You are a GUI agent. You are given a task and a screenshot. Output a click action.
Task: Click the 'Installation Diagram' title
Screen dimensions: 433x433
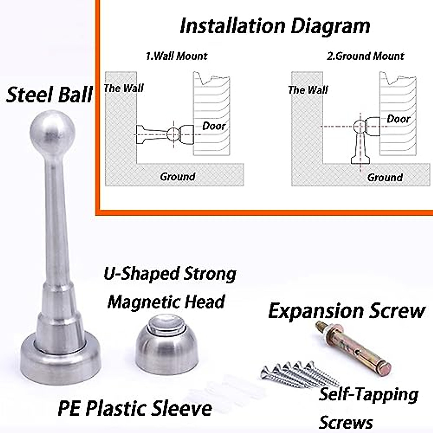coord(275,26)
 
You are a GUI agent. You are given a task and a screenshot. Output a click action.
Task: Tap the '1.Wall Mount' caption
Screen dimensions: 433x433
coord(176,56)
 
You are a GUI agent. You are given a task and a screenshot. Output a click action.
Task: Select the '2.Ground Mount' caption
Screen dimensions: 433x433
coord(365,56)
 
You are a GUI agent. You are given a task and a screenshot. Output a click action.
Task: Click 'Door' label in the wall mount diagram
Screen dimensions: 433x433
coord(214,126)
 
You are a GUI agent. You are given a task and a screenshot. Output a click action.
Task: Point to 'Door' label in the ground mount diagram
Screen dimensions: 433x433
coord(398,119)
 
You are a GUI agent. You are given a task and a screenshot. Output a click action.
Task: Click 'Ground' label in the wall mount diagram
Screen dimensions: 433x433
coord(178,176)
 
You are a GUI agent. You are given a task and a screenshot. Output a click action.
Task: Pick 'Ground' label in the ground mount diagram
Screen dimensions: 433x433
coord(385,177)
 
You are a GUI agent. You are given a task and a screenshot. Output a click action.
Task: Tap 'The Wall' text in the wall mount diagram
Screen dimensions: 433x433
coord(124,88)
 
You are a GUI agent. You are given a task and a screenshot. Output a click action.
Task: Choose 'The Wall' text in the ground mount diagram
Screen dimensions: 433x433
coord(308,90)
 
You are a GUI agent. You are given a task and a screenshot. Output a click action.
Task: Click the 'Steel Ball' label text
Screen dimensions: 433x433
coord(49,95)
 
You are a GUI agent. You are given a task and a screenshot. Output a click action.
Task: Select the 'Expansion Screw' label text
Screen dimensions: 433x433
coord(347,311)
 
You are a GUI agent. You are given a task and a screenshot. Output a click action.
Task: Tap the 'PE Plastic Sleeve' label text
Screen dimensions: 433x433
coord(135,408)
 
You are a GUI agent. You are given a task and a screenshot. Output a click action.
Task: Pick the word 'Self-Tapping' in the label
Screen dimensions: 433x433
coord(368,394)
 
